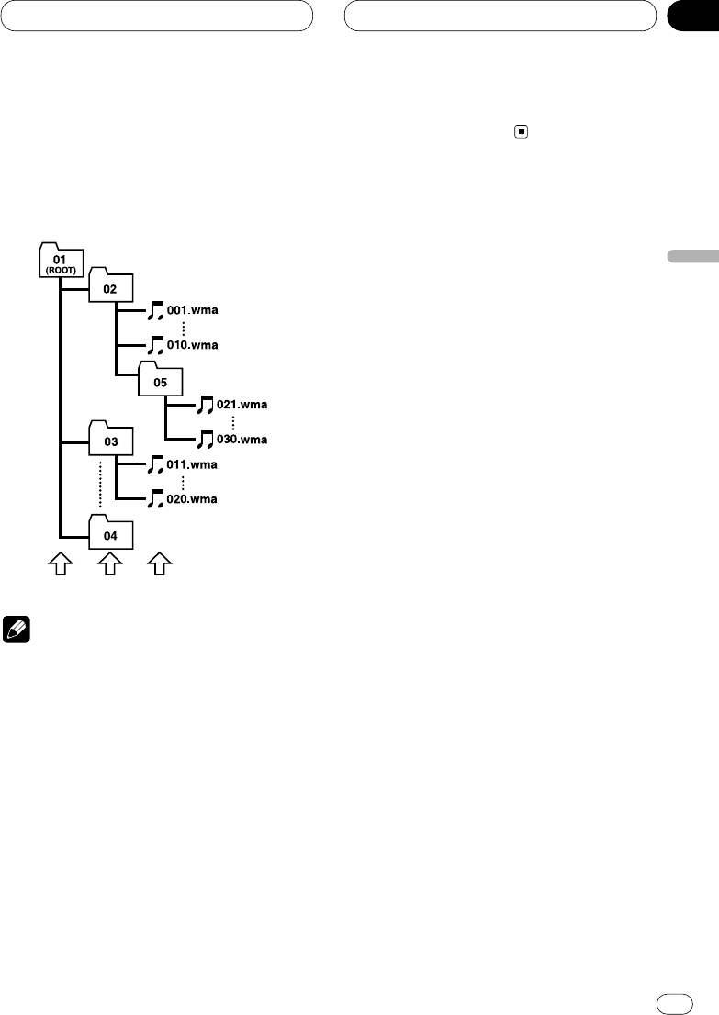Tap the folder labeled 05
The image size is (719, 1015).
click(x=160, y=380)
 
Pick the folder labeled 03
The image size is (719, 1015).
click(x=110, y=441)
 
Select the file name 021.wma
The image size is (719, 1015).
click(x=241, y=404)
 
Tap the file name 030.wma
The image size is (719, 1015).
click(x=241, y=439)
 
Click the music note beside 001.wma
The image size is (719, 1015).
click(x=155, y=310)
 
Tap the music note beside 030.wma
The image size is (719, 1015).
click(x=206, y=439)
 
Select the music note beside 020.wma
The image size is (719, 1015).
click(x=155, y=499)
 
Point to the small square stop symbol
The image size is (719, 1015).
click(x=521, y=132)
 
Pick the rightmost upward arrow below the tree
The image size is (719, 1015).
click(x=161, y=564)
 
